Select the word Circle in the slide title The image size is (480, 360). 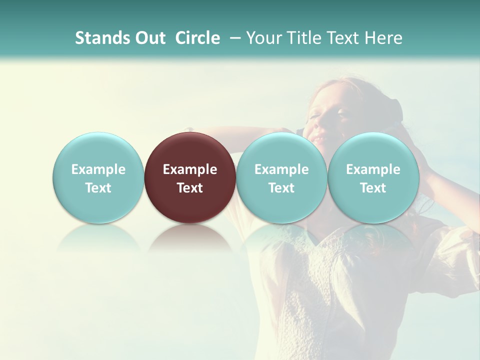coord(197,38)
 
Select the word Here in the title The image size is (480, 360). coord(384,38)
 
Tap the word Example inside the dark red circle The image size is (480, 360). coord(190,169)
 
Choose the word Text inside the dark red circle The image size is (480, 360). coord(190,188)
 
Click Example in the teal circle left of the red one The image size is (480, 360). coord(98,169)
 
